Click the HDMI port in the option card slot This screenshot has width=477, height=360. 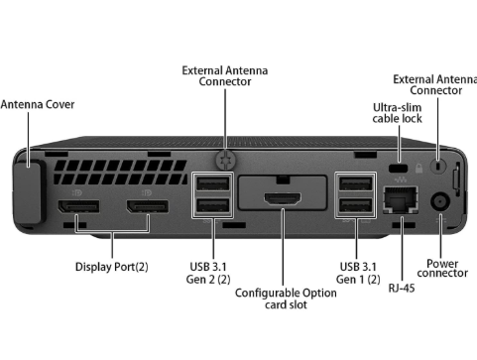click(283, 198)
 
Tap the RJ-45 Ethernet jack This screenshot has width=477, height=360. click(401, 199)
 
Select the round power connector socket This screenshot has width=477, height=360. click(440, 201)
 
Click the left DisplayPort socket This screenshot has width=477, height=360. click(78, 206)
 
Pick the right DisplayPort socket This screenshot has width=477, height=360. click(148, 206)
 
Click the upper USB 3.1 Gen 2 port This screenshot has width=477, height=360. click(212, 183)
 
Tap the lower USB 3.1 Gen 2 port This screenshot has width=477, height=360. click(212, 206)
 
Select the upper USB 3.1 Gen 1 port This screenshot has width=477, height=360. click(356, 183)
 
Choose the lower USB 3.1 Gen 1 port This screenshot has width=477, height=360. click(356, 206)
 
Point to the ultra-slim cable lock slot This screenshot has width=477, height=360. click(399, 168)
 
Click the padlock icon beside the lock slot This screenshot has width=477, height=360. click(418, 169)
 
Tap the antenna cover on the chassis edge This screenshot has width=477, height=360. click(29, 191)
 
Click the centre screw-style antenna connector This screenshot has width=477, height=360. click(226, 160)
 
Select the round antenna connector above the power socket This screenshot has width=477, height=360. click(438, 165)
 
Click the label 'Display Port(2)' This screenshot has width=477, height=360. click(112, 267)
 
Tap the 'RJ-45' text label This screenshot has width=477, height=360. click(402, 288)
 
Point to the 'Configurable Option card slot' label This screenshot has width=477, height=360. click(286, 299)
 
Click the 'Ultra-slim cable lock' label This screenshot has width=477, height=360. click(397, 113)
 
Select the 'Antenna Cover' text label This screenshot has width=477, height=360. click(38, 104)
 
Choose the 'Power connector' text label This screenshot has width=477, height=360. click(442, 268)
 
